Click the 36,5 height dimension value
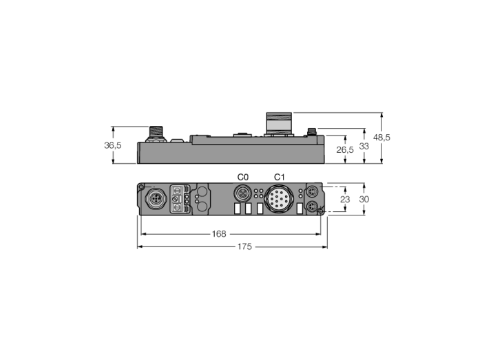click(112, 145)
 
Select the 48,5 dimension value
click(381, 137)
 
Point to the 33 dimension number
click(364, 146)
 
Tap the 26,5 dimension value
click(345, 150)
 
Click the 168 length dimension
click(219, 234)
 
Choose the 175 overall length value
click(244, 246)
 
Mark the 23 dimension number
click(345, 200)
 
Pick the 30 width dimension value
click(364, 200)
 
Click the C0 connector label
click(243, 177)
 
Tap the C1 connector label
click(280, 177)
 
